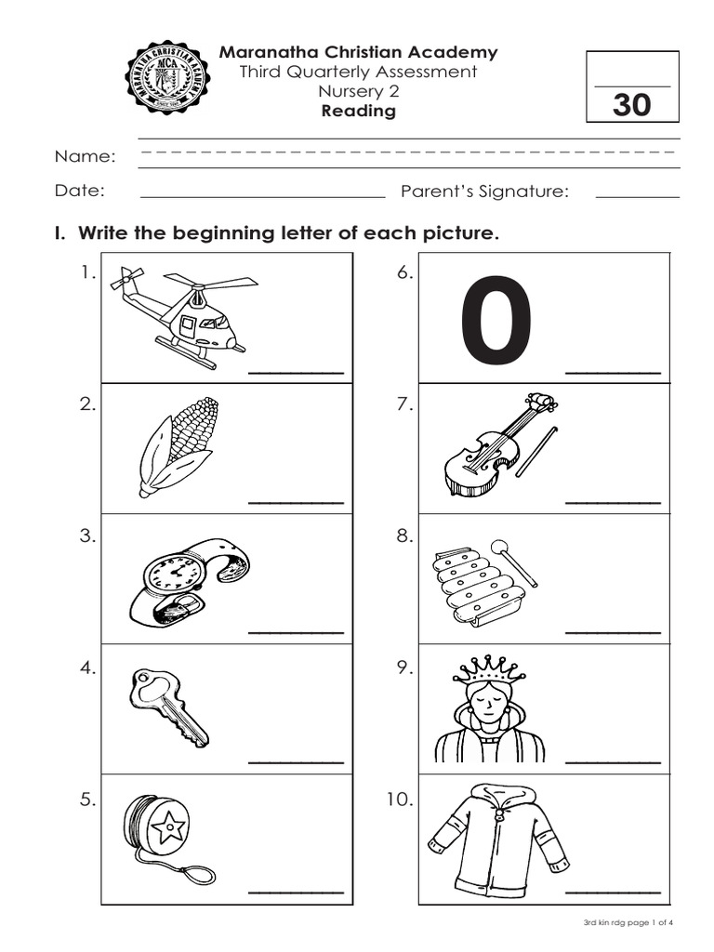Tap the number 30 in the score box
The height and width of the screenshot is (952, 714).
tap(632, 105)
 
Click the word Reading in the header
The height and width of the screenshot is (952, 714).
tap(358, 112)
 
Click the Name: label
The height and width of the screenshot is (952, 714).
tap(85, 156)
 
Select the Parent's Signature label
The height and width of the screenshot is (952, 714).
tap(484, 192)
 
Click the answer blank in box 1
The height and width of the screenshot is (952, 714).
tap(297, 373)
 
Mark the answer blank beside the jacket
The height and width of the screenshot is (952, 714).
tap(614, 893)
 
